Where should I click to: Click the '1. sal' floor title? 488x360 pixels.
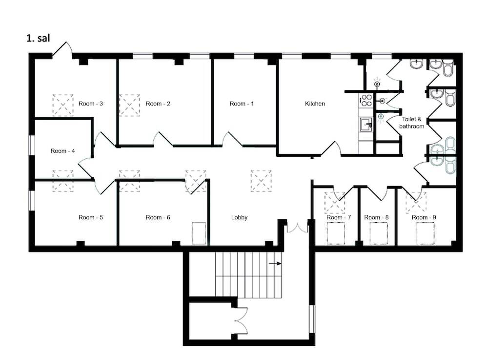click(x=38, y=38)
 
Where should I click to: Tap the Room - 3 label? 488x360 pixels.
click(x=91, y=104)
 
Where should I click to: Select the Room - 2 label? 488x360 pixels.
click(x=158, y=104)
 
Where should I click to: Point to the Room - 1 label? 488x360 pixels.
click(x=242, y=104)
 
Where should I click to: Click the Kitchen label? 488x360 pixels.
click(x=315, y=104)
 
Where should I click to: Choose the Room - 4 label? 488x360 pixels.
click(x=62, y=151)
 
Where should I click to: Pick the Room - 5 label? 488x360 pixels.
click(x=91, y=217)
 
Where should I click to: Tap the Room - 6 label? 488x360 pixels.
click(x=158, y=217)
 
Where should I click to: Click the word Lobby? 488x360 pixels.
click(x=239, y=217)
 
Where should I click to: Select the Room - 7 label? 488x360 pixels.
click(x=339, y=217)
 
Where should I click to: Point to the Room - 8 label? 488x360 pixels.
click(x=376, y=217)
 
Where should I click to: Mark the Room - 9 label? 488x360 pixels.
click(x=424, y=217)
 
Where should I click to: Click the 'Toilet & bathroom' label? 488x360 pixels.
click(x=411, y=123)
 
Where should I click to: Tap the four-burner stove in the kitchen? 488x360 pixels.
click(x=366, y=101)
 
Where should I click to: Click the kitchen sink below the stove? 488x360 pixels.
click(x=366, y=125)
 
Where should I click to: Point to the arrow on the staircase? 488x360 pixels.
click(x=275, y=264)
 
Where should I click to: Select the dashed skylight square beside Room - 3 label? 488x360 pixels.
click(x=63, y=105)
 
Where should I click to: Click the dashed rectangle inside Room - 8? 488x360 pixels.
click(x=379, y=233)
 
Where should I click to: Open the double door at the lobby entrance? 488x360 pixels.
click(x=297, y=228)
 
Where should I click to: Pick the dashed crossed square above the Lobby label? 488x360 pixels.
click(x=261, y=181)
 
